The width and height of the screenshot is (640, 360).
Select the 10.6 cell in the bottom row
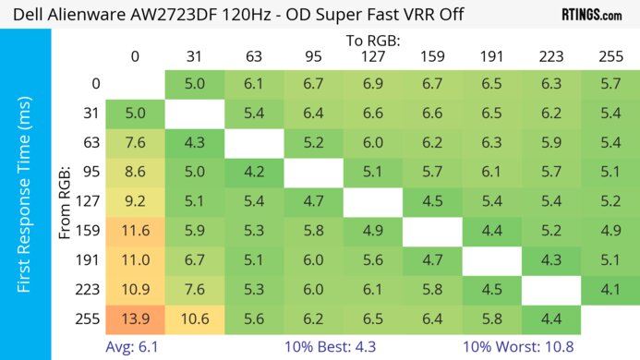(194, 319)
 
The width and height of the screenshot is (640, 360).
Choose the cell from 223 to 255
(610, 290)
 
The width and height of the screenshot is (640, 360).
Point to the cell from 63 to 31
(194, 142)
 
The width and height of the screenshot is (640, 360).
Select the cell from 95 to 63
(253, 172)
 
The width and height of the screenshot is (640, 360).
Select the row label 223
(89, 290)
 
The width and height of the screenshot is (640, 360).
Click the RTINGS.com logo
(591, 16)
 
